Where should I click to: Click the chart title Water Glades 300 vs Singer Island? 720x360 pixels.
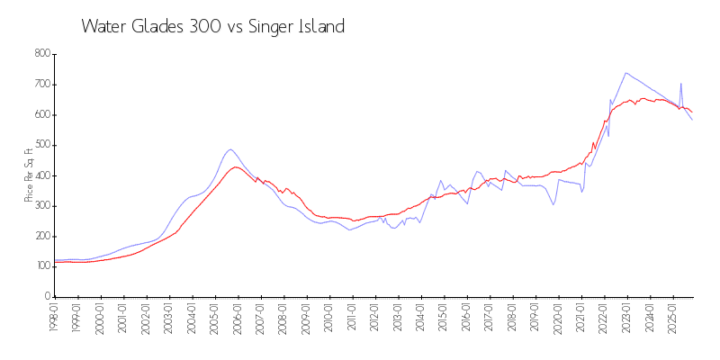pyautogui.click(x=212, y=26)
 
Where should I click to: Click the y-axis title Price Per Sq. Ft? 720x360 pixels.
pyautogui.click(x=30, y=175)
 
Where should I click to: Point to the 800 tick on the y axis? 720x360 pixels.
pyautogui.click(x=41, y=54)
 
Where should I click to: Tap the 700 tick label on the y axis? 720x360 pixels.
pyautogui.click(x=41, y=85)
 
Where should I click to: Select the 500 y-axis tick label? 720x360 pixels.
pyautogui.click(x=41, y=145)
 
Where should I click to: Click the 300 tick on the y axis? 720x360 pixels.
pyautogui.click(x=41, y=206)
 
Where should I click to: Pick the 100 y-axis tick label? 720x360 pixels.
pyautogui.click(x=41, y=266)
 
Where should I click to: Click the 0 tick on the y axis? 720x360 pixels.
pyautogui.click(x=47, y=297)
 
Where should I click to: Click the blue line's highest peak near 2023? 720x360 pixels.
pyautogui.click(x=625, y=73)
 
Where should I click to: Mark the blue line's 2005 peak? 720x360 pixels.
pyautogui.click(x=230, y=149)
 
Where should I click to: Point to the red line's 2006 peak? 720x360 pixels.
pyautogui.click(x=236, y=166)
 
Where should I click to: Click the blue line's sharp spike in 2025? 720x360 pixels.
pyautogui.click(x=680, y=84)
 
